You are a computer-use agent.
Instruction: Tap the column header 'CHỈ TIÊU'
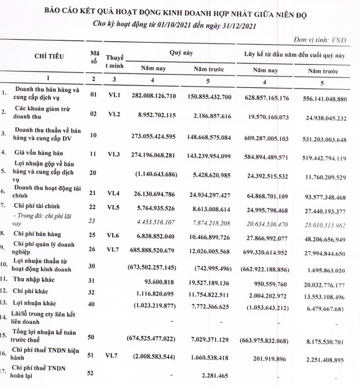tap(49, 56)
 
